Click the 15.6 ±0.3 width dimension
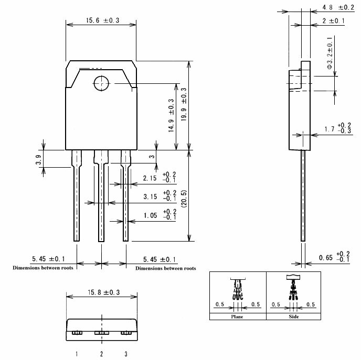102,20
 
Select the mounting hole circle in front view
100,83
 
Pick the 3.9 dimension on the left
39,159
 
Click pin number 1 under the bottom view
77,354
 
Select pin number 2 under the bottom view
101,354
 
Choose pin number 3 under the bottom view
126,354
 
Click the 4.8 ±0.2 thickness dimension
338,7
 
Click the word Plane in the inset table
238,317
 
